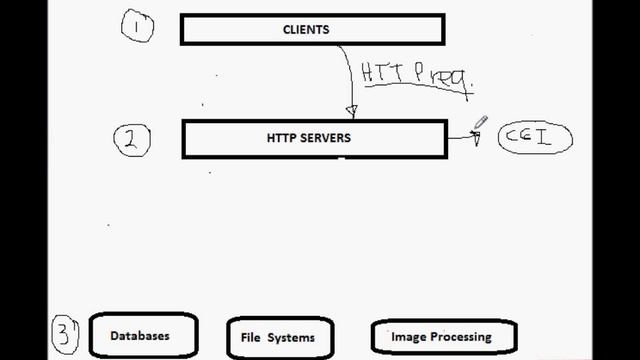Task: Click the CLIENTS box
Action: tap(313, 30)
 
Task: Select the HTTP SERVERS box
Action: tap(313, 139)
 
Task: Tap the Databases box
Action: tap(143, 336)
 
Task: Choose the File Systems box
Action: tap(278, 337)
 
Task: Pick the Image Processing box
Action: tap(443, 337)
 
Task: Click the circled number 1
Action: tap(137, 26)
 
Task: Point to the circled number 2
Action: tap(132, 141)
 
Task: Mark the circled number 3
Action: tap(65, 334)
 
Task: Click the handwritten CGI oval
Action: tap(535, 137)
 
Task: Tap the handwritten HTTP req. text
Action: tap(415, 75)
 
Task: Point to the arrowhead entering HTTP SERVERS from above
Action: tap(351, 110)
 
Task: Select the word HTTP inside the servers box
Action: tap(283, 139)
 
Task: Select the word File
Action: tap(251, 337)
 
